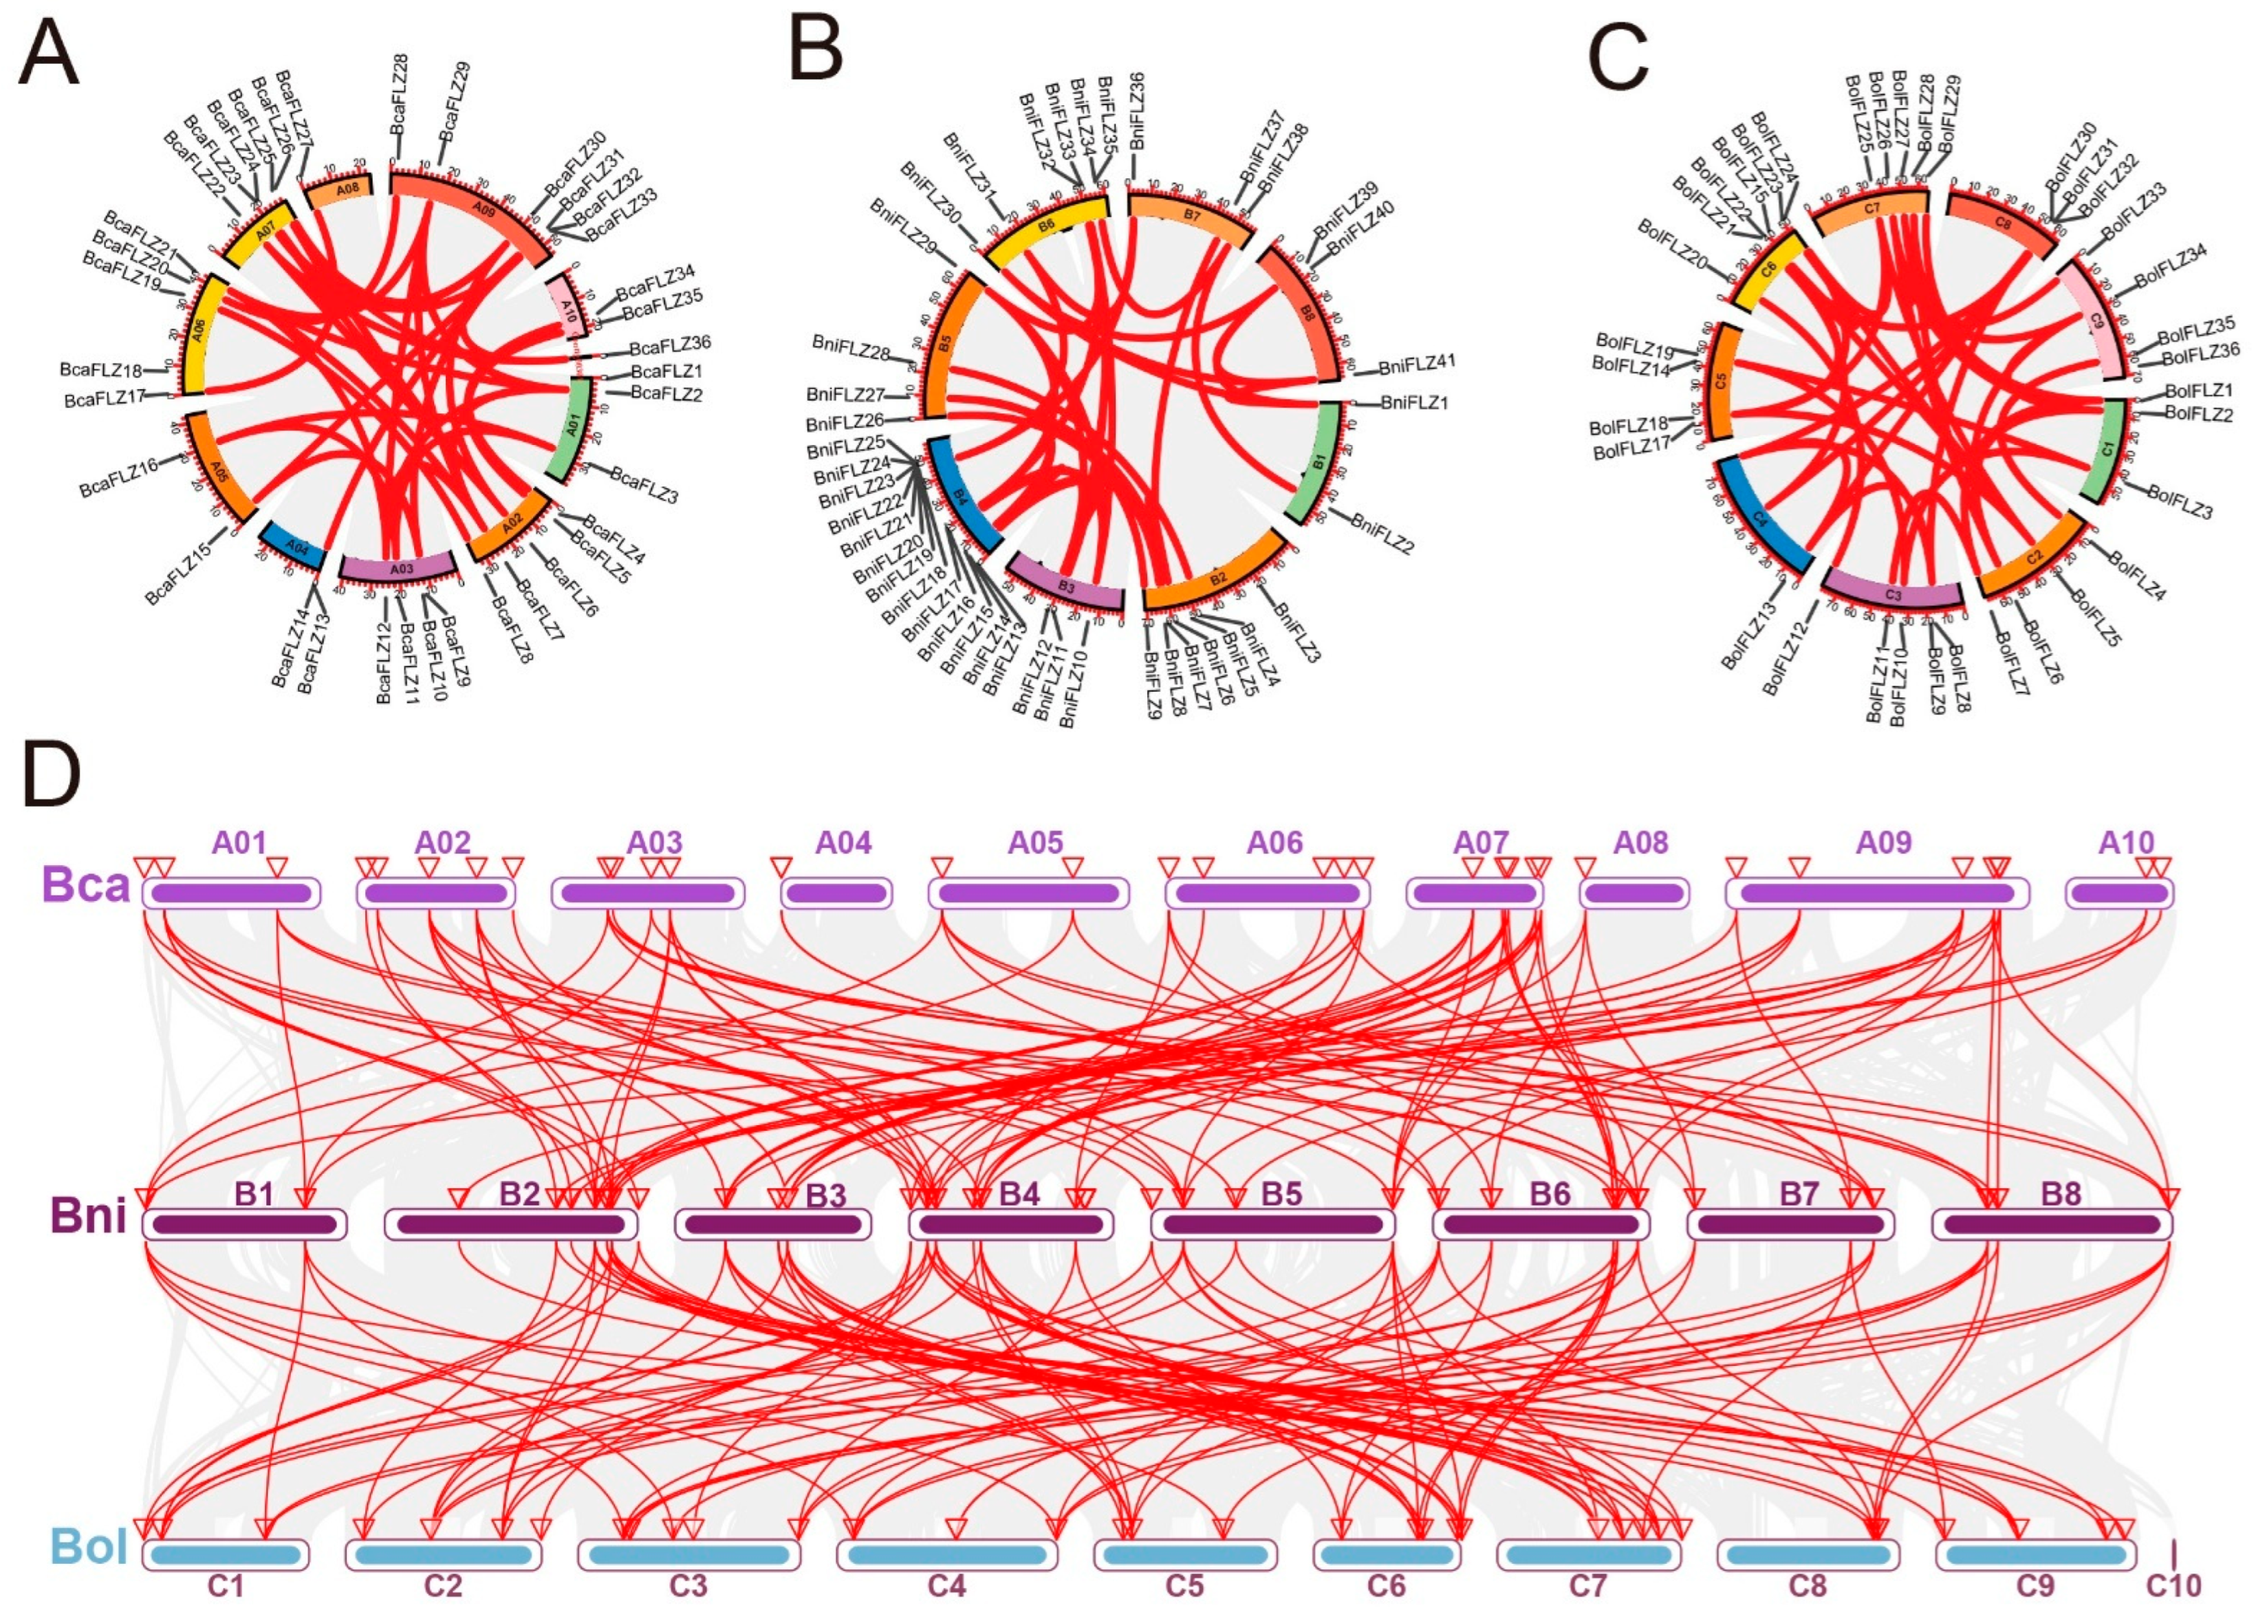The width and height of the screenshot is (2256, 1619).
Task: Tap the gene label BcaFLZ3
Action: tap(644, 484)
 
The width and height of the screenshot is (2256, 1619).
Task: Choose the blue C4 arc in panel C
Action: tap(1759, 517)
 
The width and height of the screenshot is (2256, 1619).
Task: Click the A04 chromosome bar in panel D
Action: tap(836, 893)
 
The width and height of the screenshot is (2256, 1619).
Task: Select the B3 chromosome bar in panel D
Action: tap(773, 1224)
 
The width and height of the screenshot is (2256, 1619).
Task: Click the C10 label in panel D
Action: tap(2173, 1585)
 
